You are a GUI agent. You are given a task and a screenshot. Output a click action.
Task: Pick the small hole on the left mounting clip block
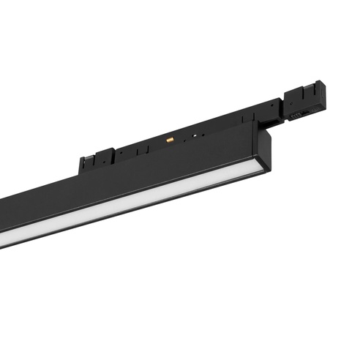(103, 157)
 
